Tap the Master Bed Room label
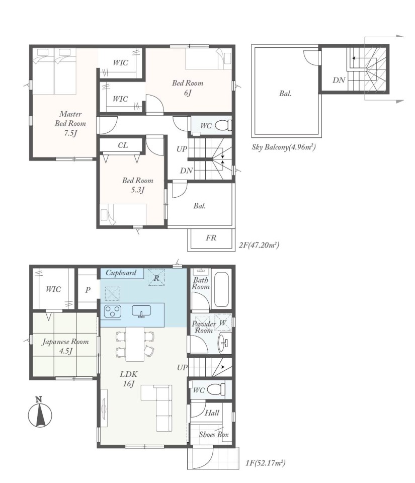(70, 123)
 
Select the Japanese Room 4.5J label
(65, 346)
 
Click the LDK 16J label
(128, 378)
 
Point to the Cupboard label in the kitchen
(121, 273)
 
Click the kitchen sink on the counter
(141, 311)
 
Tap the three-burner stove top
(113, 311)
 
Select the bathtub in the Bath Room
(221, 289)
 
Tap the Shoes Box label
(214, 434)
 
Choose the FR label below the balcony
(211, 237)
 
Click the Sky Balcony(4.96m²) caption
(284, 147)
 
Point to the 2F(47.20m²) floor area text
(259, 245)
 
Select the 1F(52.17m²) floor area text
(266, 463)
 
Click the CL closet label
(123, 145)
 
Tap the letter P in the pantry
(88, 290)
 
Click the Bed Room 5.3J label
(137, 185)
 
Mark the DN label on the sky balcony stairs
(339, 80)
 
